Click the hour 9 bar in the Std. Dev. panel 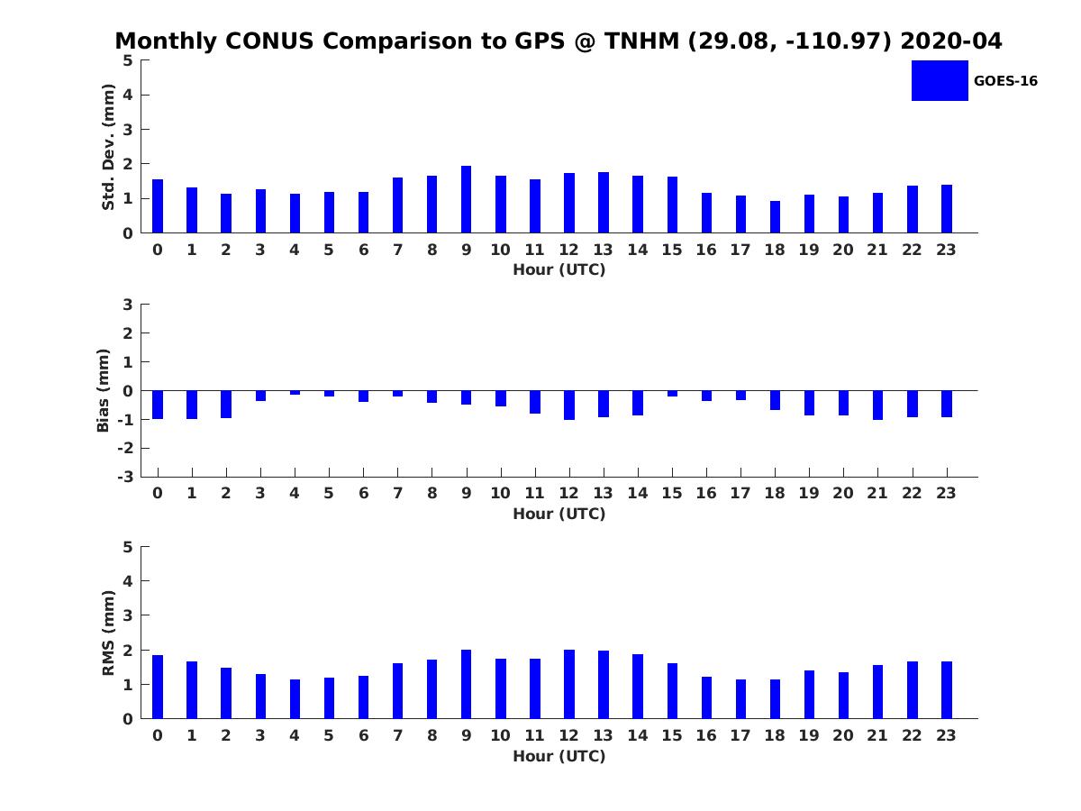[466, 199]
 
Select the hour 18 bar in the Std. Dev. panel [775, 216]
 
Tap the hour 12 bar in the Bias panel [569, 405]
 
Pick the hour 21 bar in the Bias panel [877, 405]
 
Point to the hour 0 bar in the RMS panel [158, 687]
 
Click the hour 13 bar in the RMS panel [604, 685]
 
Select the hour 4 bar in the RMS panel [295, 699]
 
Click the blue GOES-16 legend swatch [940, 80]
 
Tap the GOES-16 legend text [1005, 81]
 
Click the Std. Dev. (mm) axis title [108, 147]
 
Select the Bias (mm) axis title [104, 390]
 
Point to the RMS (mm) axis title [108, 633]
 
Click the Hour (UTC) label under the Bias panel [559, 514]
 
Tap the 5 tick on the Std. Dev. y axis [128, 60]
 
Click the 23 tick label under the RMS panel [946, 735]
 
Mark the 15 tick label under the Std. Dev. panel [672, 250]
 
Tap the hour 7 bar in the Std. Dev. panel [397, 205]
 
